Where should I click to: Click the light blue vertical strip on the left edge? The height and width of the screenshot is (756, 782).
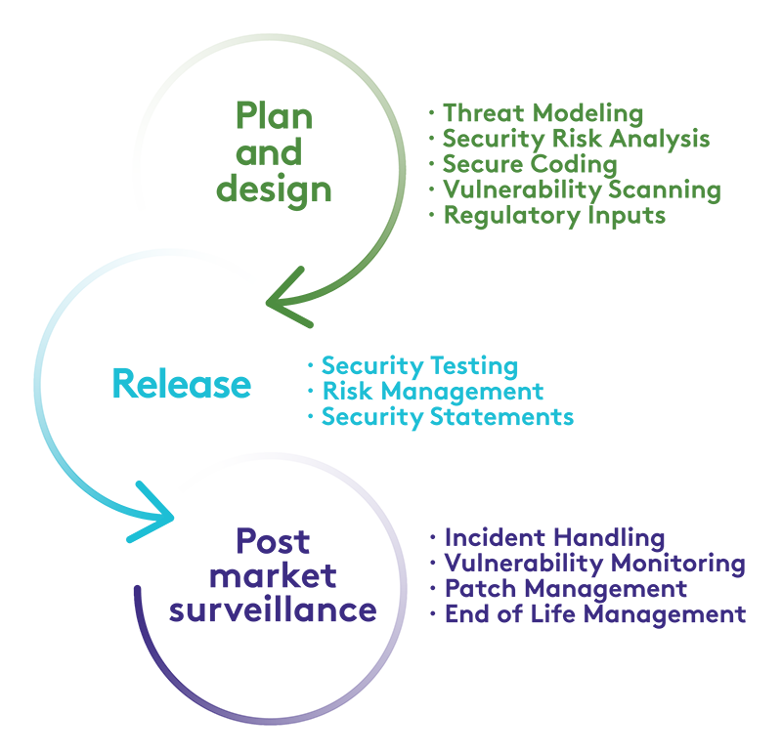45,391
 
